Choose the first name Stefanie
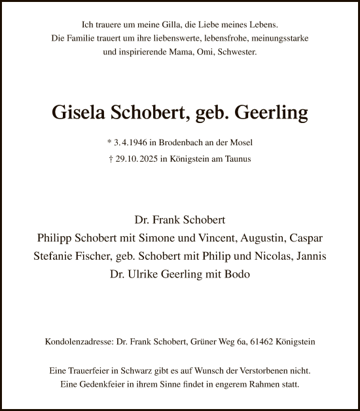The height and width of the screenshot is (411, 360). tap(55, 256)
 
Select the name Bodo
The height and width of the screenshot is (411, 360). tap(236, 274)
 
